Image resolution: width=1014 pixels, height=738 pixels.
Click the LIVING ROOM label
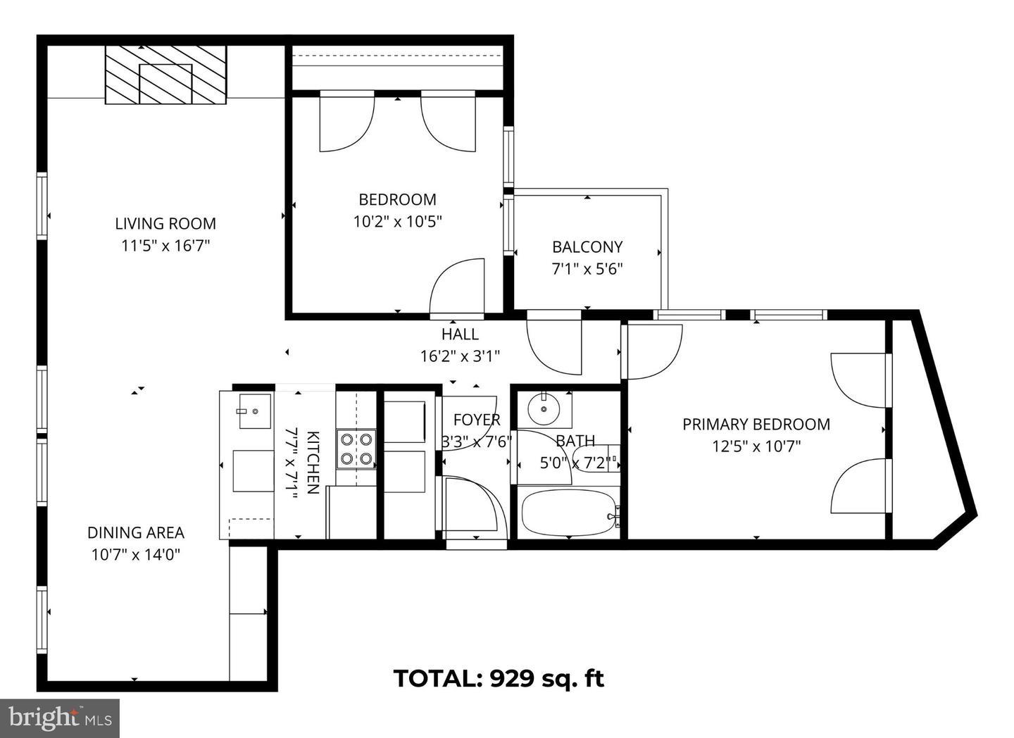tap(165, 224)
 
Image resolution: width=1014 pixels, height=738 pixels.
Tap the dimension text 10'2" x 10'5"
tap(397, 222)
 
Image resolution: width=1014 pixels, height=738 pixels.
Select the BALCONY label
tap(587, 247)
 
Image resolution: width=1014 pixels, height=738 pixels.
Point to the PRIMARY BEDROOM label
tap(756, 424)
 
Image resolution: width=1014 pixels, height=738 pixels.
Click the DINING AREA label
tap(136, 532)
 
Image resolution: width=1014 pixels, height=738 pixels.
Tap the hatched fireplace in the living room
tap(166, 75)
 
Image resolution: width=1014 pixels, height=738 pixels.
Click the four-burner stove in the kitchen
tap(356, 449)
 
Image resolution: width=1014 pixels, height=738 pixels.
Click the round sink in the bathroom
tap(544, 408)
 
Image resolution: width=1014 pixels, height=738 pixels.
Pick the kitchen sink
tap(254, 411)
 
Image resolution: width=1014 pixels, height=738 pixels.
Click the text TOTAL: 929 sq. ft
tap(498, 679)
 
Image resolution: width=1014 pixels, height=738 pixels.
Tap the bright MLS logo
tap(60, 718)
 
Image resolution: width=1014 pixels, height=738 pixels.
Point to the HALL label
tap(460, 334)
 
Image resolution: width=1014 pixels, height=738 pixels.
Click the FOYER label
tap(477, 420)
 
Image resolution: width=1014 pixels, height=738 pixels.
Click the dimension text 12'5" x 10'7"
tap(756, 446)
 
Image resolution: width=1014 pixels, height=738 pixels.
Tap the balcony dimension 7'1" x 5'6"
tap(587, 269)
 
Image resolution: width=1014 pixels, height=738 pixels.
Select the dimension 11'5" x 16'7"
tap(165, 246)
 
